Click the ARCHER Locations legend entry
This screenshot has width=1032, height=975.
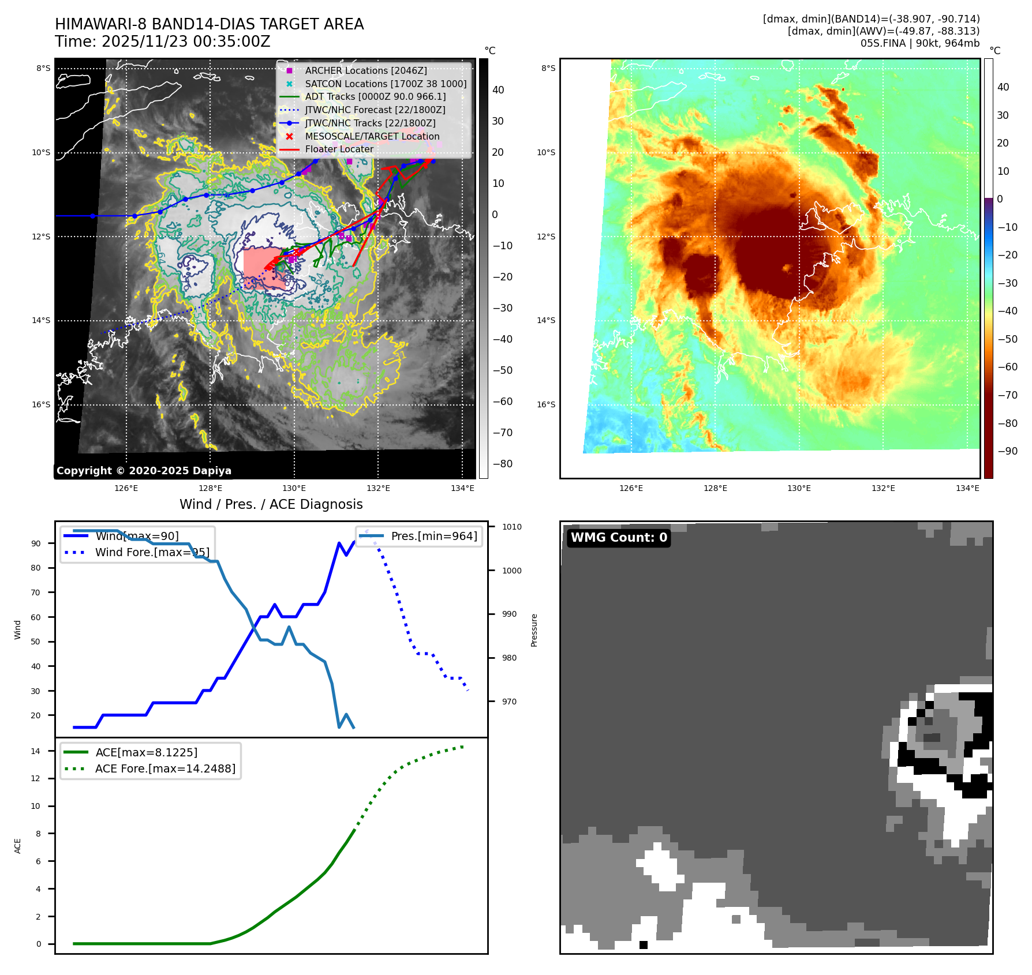click(x=366, y=70)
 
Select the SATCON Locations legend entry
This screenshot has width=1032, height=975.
click(x=386, y=84)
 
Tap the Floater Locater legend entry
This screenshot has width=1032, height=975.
click(x=339, y=149)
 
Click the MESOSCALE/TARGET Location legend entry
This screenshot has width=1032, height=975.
click(x=372, y=136)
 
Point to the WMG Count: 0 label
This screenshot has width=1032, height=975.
click(x=619, y=538)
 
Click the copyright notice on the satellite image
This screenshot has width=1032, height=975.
click(x=144, y=471)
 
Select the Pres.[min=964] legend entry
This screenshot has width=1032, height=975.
click(x=433, y=536)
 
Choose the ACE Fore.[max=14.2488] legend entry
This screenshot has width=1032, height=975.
click(x=165, y=768)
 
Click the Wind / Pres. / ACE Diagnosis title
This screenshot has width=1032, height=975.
click(x=271, y=504)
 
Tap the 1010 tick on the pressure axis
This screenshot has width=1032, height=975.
click(x=511, y=527)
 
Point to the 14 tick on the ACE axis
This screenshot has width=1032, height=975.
click(x=36, y=751)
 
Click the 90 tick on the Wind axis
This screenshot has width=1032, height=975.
click(x=36, y=543)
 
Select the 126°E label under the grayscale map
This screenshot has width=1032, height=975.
click(x=126, y=489)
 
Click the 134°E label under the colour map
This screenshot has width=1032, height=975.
click(x=967, y=489)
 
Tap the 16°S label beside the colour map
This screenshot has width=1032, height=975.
click(x=546, y=404)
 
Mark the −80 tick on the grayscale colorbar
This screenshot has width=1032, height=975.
click(x=502, y=464)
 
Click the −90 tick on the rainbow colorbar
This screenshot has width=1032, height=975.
click(x=1007, y=451)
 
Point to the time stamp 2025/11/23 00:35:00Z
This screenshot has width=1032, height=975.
click(x=185, y=42)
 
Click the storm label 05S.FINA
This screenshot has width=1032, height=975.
click(x=883, y=43)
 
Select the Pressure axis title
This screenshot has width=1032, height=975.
click(x=534, y=630)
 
